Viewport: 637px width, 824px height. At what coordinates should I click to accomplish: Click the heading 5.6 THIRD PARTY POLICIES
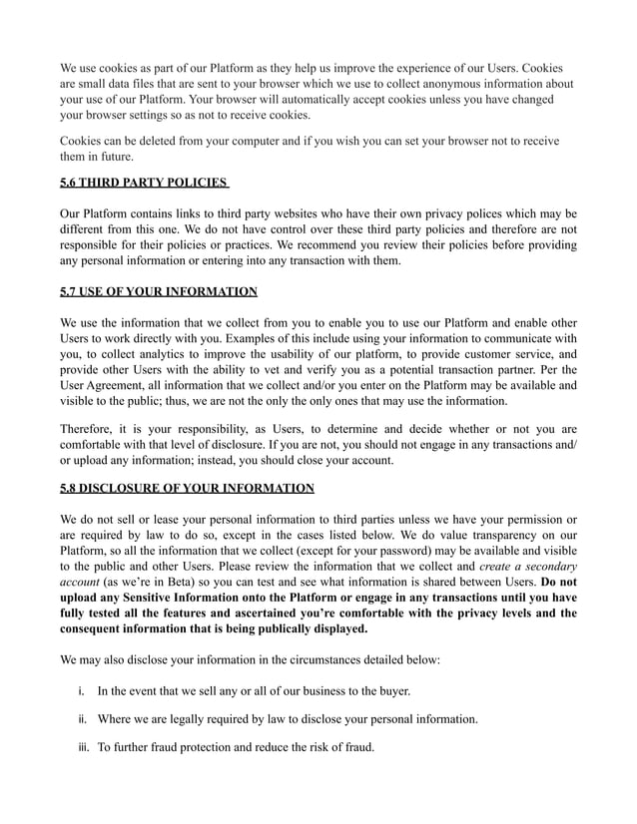(144, 184)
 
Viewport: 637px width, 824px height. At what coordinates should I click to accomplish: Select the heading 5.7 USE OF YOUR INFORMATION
(159, 291)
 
